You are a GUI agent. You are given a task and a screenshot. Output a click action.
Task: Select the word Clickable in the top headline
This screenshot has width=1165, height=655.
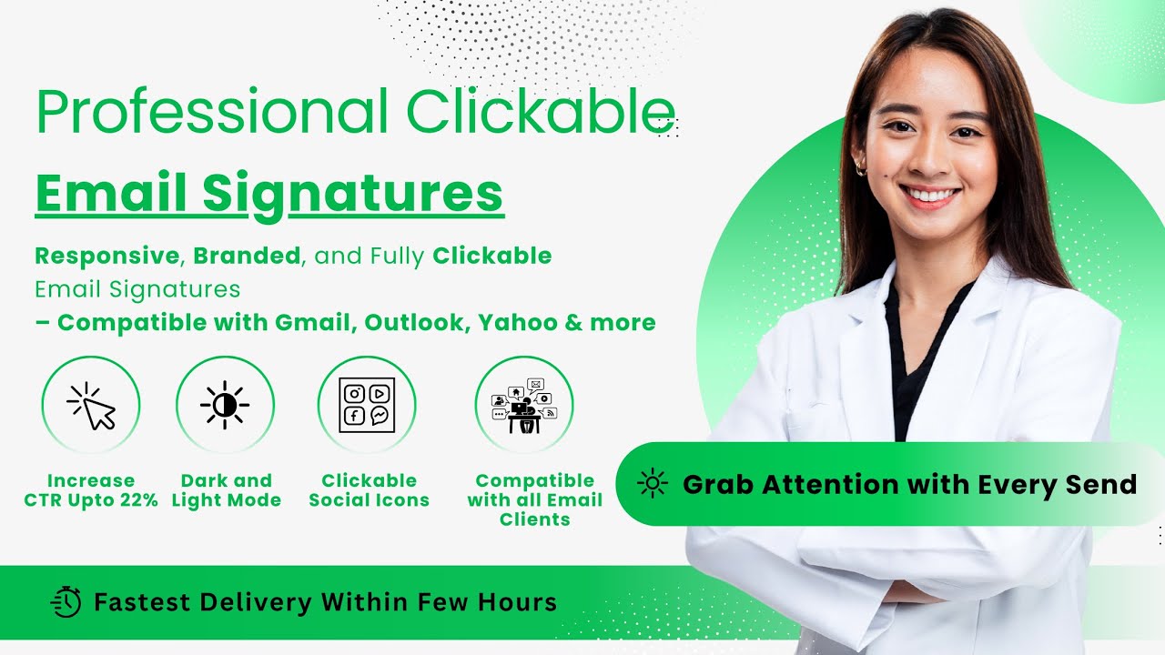pos(541,111)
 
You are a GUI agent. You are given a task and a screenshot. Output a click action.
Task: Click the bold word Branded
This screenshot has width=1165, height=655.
pos(247,257)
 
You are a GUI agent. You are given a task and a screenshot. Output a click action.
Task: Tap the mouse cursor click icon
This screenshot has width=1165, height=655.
pos(91,406)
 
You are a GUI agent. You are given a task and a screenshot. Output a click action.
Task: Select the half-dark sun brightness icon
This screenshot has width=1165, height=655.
pos(225,406)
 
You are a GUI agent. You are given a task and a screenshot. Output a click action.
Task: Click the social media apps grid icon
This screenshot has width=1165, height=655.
pos(367,406)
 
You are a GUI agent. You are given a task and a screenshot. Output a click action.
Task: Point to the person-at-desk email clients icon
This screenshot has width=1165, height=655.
pos(524,406)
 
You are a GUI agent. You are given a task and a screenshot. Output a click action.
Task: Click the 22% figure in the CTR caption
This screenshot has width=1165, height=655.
pos(138,500)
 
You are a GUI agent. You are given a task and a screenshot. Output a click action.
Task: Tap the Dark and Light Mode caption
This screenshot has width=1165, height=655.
pos(226,490)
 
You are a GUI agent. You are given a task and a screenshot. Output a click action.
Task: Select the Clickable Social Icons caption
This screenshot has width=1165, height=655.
pos(369,490)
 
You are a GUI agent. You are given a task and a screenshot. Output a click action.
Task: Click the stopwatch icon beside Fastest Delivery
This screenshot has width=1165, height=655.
pos(66,602)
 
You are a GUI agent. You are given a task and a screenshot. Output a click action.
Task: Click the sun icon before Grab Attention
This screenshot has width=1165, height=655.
pos(653,484)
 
